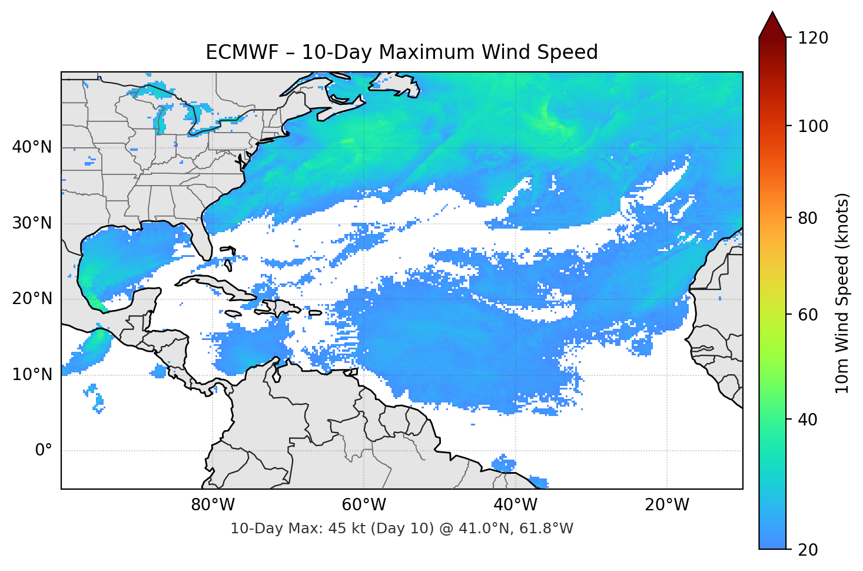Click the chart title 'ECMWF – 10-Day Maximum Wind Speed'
[401, 52]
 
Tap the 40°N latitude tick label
[32, 147]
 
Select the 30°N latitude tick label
[32, 223]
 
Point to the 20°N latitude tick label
[32, 299]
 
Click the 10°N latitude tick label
[32, 374]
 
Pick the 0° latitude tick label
[44, 450]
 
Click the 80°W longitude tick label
[213, 505]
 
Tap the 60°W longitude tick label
[364, 505]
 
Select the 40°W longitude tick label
[515, 505]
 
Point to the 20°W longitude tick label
[666, 505]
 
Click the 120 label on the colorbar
[813, 38]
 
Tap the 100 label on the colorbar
[813, 126]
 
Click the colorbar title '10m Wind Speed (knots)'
[842, 293]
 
